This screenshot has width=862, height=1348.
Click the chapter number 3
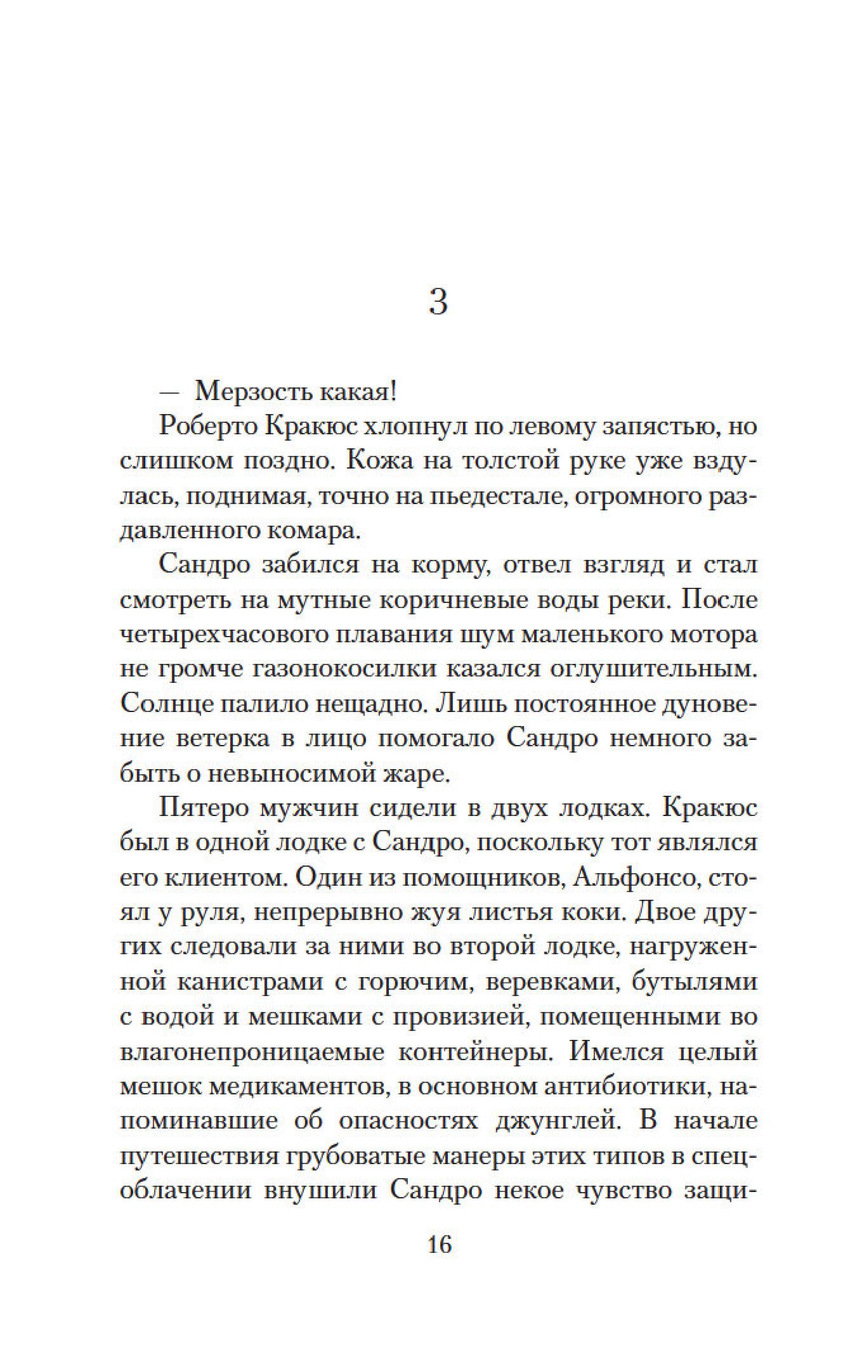click(x=439, y=302)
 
